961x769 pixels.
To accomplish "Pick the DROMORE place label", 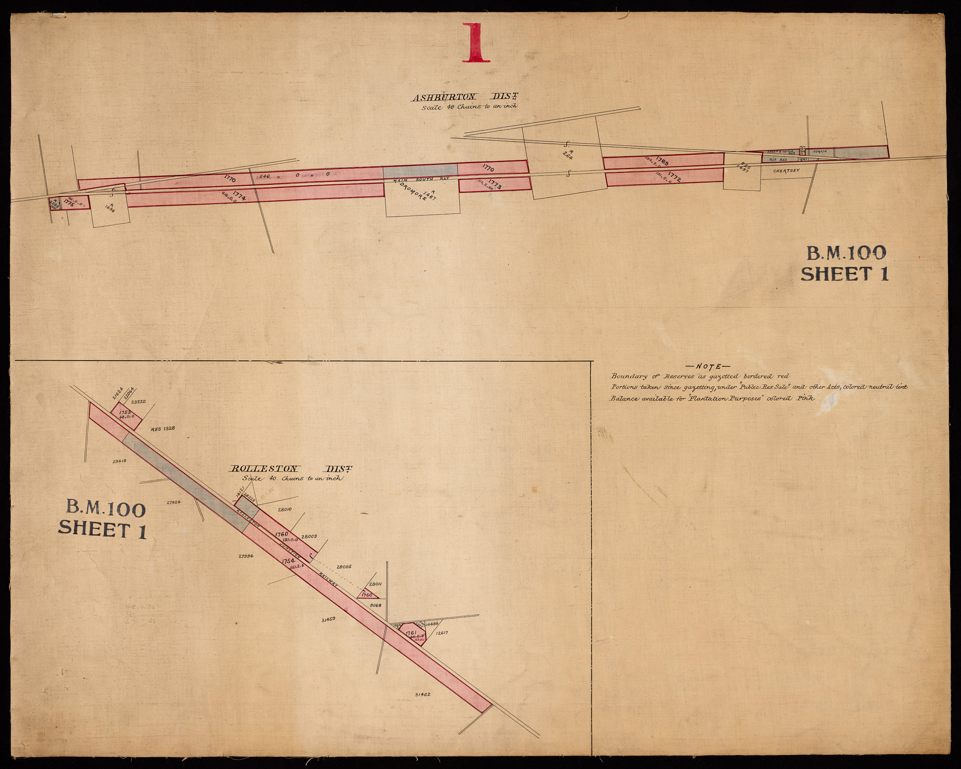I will pos(409,192).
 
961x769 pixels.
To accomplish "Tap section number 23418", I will pos(119,461).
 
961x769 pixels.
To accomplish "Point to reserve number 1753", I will pos(124,412).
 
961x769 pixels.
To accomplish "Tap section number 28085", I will pos(344,567).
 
